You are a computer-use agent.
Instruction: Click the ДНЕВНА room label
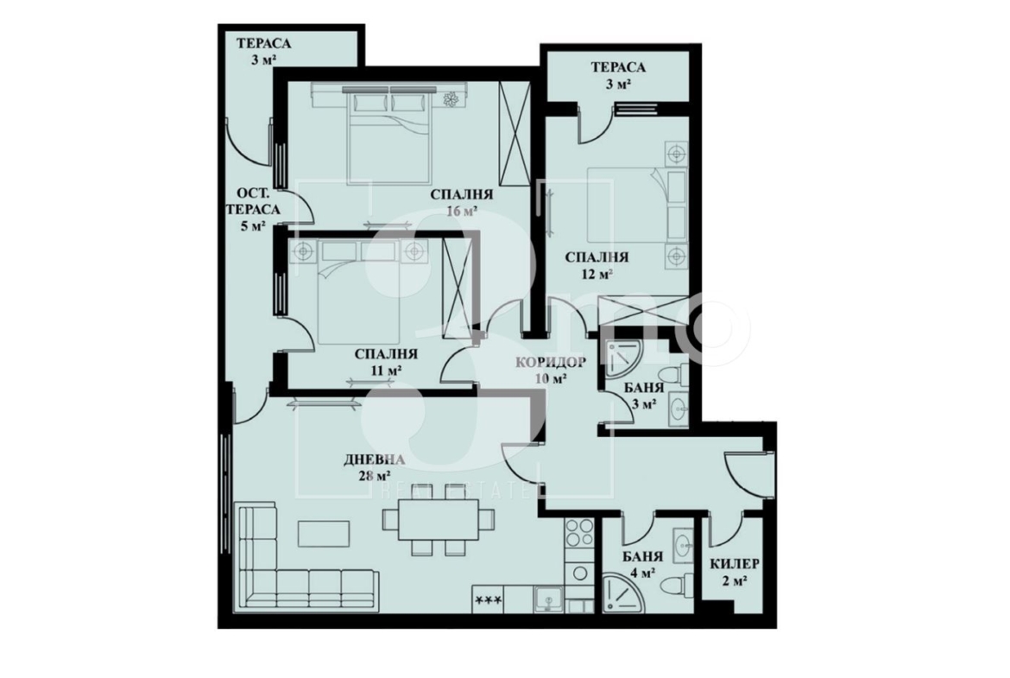tap(375, 460)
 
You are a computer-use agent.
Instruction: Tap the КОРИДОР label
tap(551, 362)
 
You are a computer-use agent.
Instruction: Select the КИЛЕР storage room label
tap(735, 564)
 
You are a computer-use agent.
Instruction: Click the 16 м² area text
tap(462, 211)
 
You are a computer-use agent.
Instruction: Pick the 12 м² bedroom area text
tap(597, 274)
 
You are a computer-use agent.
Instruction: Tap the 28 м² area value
tap(375, 476)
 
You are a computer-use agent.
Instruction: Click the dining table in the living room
tap(438, 519)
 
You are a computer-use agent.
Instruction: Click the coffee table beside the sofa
tap(324, 533)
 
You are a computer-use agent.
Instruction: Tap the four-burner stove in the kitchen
tap(579, 533)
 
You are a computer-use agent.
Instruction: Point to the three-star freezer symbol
tap(488, 600)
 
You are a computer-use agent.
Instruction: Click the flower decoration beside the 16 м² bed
tap(450, 99)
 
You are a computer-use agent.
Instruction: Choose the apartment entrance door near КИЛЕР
tap(748, 473)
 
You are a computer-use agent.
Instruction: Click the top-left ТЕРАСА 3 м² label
tap(263, 52)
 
